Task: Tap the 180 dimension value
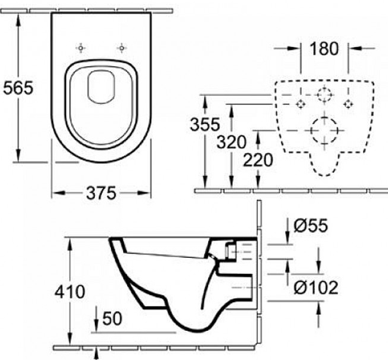coord(324,49)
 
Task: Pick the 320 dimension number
coord(232,142)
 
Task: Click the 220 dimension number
coord(258,160)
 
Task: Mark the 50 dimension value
coord(111,318)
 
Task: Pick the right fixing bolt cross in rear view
coord(346,104)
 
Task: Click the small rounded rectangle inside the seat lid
coord(100,85)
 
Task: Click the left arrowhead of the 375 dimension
coord(56,192)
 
